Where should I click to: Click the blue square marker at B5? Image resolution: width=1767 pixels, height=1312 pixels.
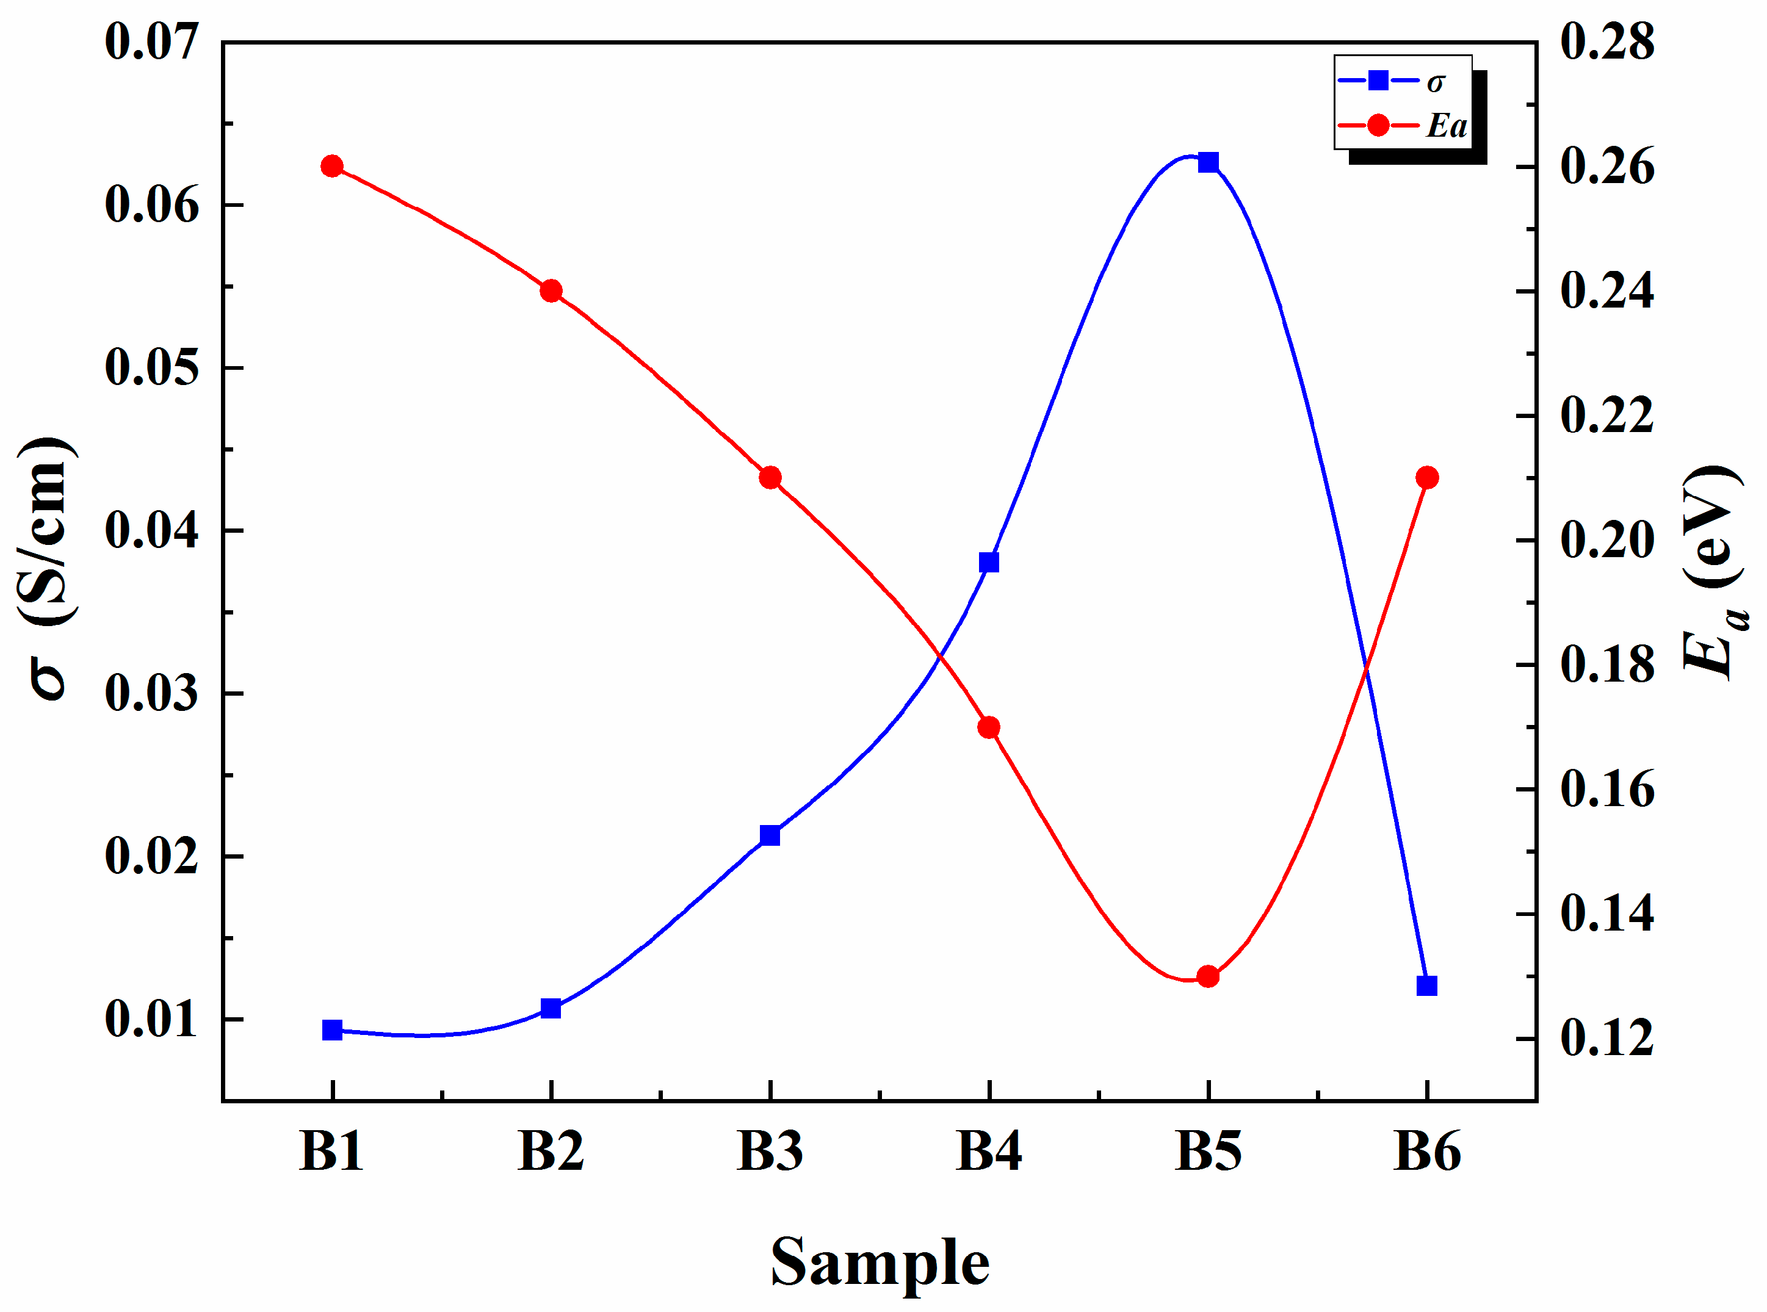tap(1208, 162)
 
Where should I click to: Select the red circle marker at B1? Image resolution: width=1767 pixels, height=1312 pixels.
tap(332, 166)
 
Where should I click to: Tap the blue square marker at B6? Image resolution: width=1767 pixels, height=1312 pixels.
tap(1427, 986)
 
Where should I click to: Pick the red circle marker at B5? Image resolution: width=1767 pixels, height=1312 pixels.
tap(1208, 976)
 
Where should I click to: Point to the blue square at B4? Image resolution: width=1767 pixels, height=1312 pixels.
tap(989, 562)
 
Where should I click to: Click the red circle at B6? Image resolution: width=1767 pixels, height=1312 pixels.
tap(1427, 477)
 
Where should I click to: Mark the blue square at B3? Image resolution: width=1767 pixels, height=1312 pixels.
tap(770, 835)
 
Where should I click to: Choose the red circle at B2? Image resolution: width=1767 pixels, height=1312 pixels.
tap(551, 290)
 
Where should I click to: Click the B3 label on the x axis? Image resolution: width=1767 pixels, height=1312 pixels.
tap(770, 1151)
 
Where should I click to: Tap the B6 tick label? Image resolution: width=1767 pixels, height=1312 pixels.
tap(1427, 1151)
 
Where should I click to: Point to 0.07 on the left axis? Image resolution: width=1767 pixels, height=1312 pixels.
tap(151, 41)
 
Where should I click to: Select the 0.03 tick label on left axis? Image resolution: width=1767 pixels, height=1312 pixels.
tap(151, 693)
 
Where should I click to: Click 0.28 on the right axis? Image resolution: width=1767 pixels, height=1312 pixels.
tap(1607, 41)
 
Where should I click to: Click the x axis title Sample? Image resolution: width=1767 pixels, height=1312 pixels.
tap(880, 1262)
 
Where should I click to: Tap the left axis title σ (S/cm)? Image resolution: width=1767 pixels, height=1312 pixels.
tap(48, 568)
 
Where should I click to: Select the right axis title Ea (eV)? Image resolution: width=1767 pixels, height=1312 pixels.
tap(1715, 572)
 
